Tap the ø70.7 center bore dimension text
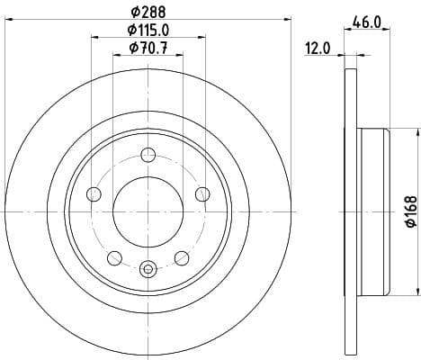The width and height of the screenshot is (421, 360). tap(148, 50)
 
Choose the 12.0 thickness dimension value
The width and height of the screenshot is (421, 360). tap(319, 50)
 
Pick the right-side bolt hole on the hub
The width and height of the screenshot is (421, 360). tap(202, 194)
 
